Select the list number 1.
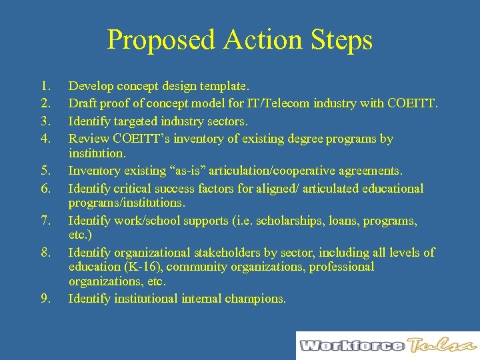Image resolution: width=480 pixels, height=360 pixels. tap(45, 86)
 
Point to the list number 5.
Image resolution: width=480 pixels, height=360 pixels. tap(45, 171)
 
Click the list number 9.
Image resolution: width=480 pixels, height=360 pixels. tap(45, 299)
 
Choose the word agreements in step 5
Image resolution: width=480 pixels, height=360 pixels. tap(370, 171)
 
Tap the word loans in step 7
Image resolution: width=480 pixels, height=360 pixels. tap(347, 221)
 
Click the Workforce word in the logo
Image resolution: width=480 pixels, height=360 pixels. tap(351, 345)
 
